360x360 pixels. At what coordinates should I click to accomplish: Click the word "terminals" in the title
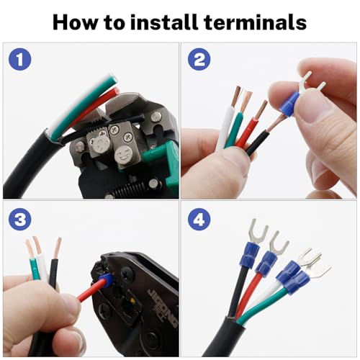[x=255, y=22]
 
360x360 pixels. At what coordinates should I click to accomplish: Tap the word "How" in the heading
[x=75, y=22]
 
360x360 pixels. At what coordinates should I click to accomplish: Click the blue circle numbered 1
[x=20, y=59]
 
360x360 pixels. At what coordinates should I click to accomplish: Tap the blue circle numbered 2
[x=199, y=59]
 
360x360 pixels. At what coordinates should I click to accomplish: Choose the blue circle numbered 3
[x=20, y=220]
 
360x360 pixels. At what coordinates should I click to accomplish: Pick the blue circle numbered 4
[x=199, y=220]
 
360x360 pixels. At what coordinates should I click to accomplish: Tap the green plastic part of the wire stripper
[x=163, y=158]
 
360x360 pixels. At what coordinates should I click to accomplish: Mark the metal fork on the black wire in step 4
[x=258, y=233]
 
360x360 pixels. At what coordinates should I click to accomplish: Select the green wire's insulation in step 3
[x=35, y=269]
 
